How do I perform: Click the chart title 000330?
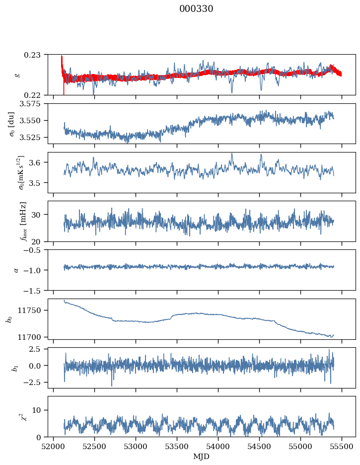[196, 8]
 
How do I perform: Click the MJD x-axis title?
[201, 457]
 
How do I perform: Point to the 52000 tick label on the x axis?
[54, 447]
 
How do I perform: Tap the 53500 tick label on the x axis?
[177, 447]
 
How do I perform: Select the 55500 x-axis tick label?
[342, 447]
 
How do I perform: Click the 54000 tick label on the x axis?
[218, 447]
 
